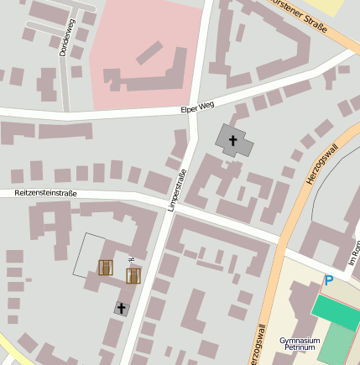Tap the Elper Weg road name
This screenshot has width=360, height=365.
(x=198, y=107)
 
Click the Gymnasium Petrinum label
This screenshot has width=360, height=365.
(x=300, y=344)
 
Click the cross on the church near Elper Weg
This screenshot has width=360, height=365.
(x=233, y=139)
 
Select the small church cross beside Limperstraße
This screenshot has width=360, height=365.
(x=121, y=309)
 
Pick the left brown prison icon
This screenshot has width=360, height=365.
(x=106, y=268)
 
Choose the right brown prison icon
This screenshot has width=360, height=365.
(x=133, y=275)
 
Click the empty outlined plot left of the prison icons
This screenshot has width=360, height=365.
(x=87, y=253)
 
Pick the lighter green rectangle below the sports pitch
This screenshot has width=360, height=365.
(x=337, y=343)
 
